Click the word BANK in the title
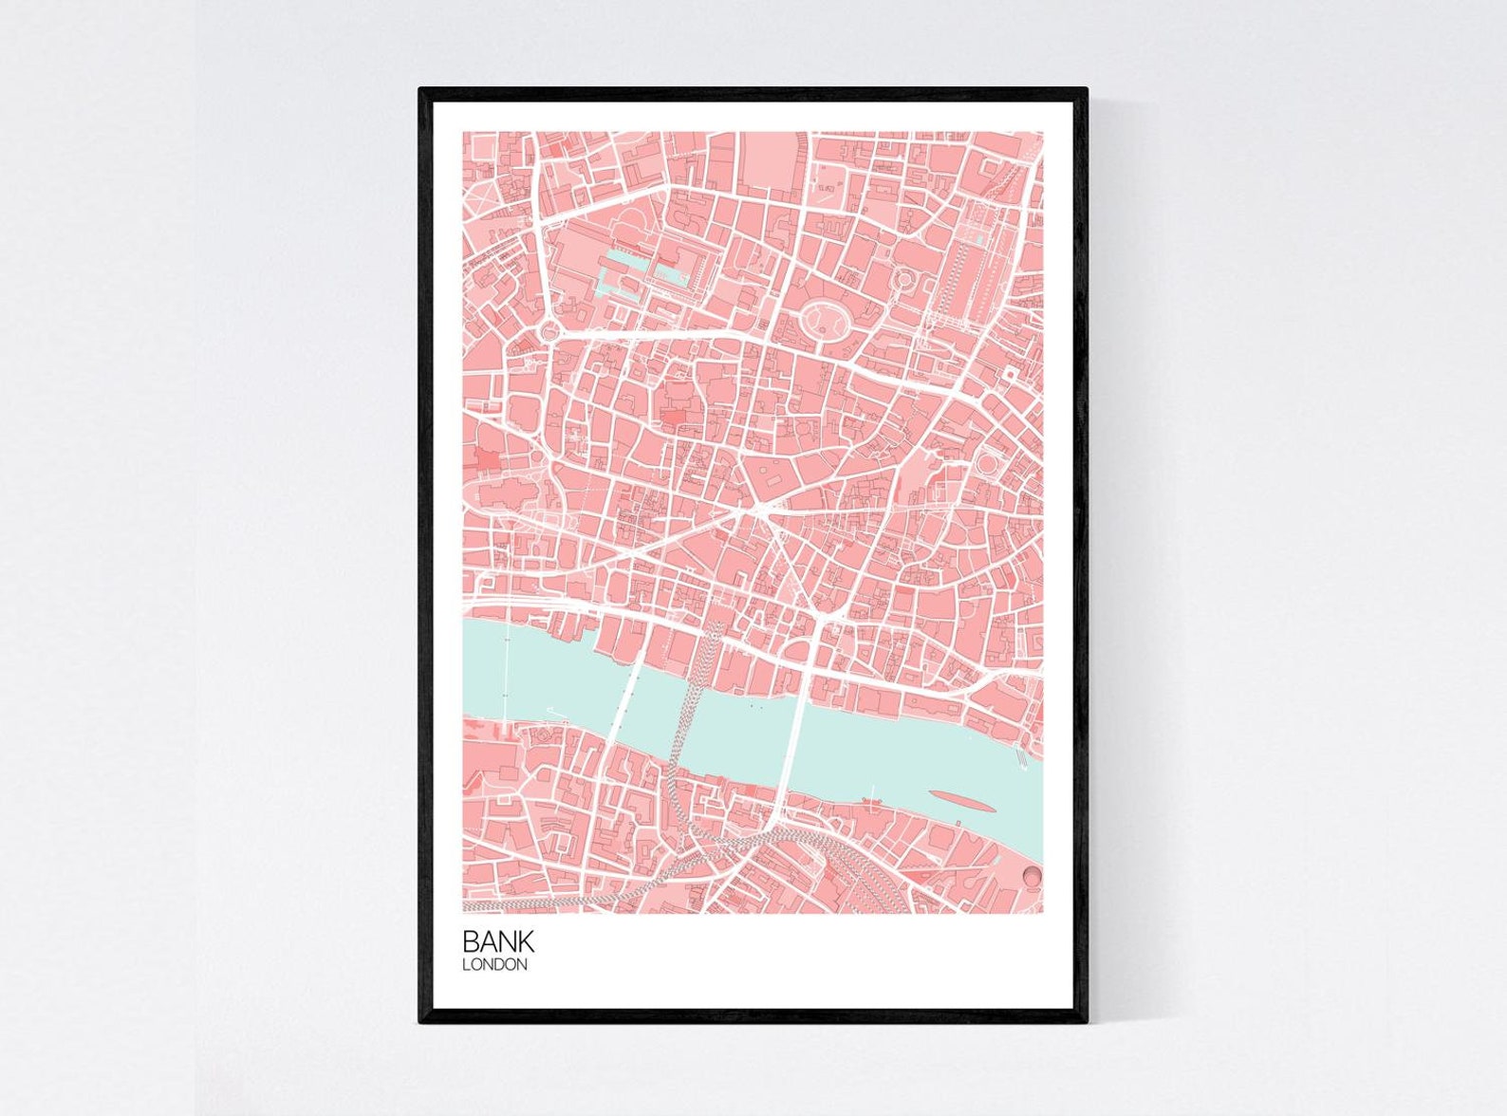click(x=498, y=941)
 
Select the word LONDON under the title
click(x=494, y=965)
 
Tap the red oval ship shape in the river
click(x=962, y=801)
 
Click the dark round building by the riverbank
click(x=1032, y=876)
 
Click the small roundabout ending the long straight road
click(x=550, y=332)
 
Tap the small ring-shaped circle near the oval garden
click(x=904, y=279)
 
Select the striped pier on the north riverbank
click(x=1022, y=756)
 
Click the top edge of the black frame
click(x=753, y=91)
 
